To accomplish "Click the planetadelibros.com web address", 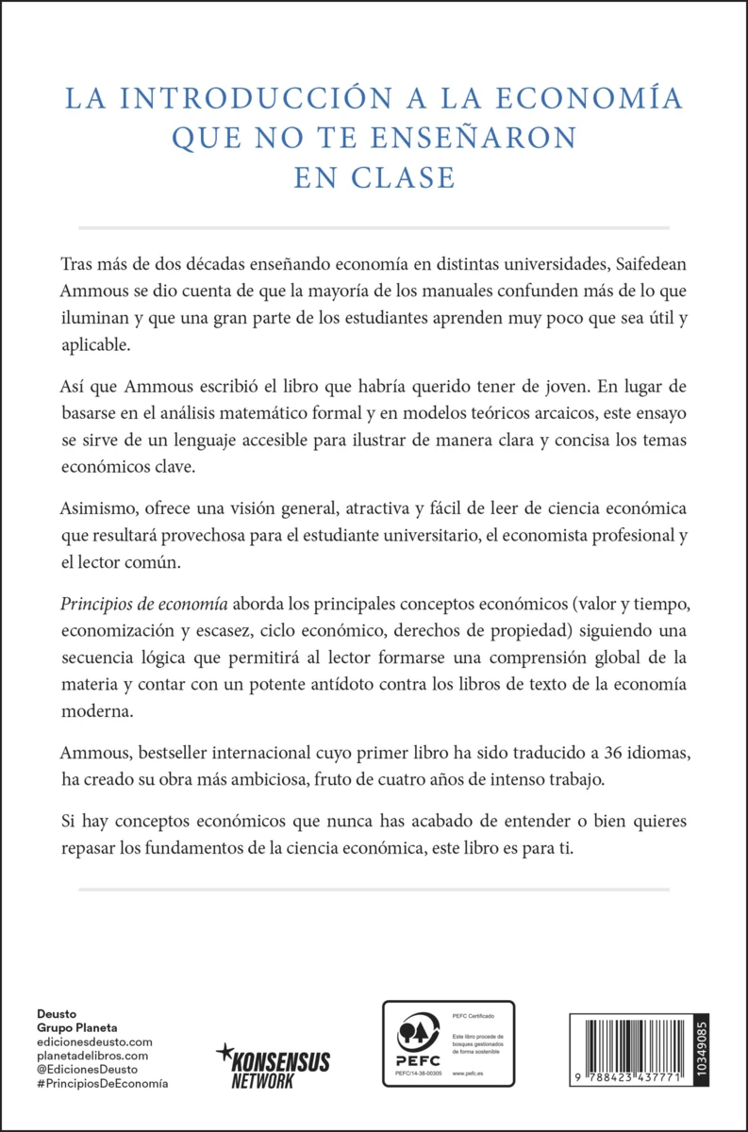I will click(x=92, y=1056).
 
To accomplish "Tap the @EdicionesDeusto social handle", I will click(x=88, y=1070).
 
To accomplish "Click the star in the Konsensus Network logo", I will click(x=224, y=1050).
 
